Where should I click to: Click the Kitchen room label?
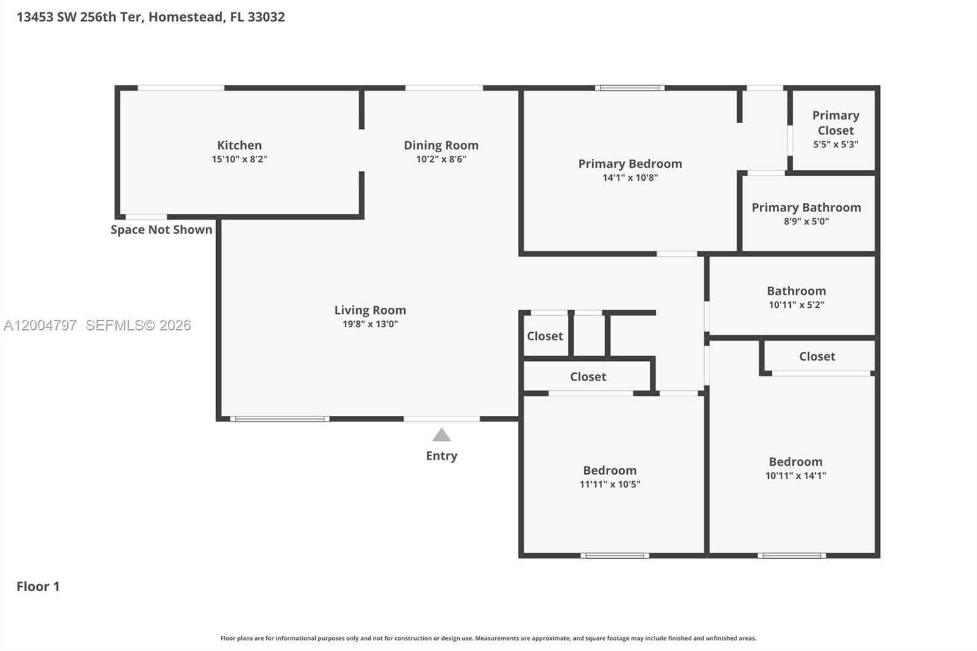(x=239, y=145)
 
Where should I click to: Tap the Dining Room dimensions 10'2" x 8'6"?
(x=441, y=159)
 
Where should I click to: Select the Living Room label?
(x=370, y=310)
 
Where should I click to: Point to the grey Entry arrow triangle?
(x=441, y=435)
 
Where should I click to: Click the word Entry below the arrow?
(x=441, y=456)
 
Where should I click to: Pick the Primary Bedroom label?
(x=630, y=164)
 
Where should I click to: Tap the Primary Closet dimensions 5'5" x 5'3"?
(x=836, y=144)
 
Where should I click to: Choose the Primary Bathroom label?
(x=807, y=208)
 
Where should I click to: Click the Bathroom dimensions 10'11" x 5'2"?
(x=796, y=305)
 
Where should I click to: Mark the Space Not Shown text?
(x=161, y=230)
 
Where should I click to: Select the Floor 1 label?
(x=38, y=586)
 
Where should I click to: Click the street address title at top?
(x=151, y=16)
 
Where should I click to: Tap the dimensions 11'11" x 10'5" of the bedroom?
(x=610, y=484)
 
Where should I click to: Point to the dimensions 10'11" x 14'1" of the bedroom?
(x=796, y=475)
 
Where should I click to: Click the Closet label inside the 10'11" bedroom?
(x=817, y=357)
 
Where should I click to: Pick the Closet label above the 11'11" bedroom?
(x=588, y=377)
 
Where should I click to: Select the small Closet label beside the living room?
(x=545, y=336)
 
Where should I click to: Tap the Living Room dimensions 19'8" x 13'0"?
(x=370, y=324)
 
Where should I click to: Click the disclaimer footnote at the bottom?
(x=488, y=638)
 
